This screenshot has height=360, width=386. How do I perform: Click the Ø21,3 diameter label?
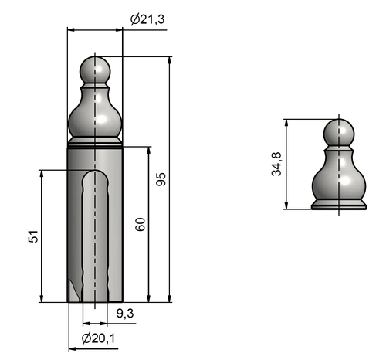[x=147, y=19]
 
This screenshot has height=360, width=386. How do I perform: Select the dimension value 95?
[x=161, y=179]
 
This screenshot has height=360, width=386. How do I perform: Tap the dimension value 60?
[x=140, y=224]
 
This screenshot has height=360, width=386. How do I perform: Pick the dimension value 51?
[x=33, y=236]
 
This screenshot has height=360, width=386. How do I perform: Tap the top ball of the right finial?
[x=337, y=131]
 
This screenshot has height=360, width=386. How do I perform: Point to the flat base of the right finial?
[x=338, y=205]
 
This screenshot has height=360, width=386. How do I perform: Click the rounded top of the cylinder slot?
[x=96, y=177]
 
